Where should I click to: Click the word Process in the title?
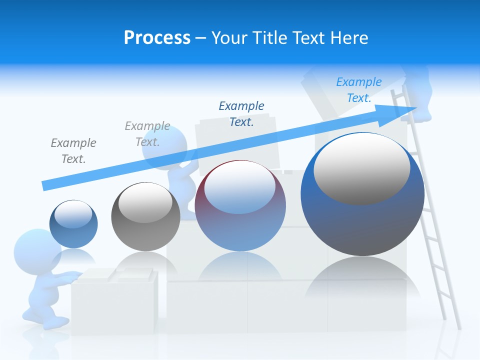[x=157, y=38]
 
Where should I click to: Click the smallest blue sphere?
[x=73, y=224]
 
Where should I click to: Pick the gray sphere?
[x=145, y=217]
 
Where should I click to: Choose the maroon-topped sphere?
[x=240, y=205]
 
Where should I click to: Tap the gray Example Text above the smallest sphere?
[x=73, y=150]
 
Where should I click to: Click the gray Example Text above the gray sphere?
[x=147, y=133]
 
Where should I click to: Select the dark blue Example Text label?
[x=241, y=113]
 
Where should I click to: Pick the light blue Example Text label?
[x=359, y=89]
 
